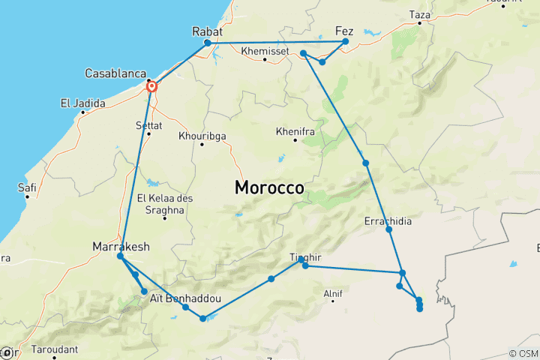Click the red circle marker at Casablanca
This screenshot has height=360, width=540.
[x=152, y=87]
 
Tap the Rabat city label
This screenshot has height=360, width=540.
[x=208, y=31]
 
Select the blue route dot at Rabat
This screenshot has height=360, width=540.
[x=208, y=43]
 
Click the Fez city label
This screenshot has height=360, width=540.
[x=344, y=31]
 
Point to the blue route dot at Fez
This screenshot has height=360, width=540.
[x=346, y=41]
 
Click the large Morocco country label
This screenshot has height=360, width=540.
[x=269, y=187]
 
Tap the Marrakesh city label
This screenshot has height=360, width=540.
[x=121, y=246]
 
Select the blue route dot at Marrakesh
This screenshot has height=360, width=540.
[x=120, y=256]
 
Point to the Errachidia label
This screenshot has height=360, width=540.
[x=388, y=221]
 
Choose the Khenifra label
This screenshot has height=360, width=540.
[x=295, y=130]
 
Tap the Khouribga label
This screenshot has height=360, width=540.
[x=202, y=136]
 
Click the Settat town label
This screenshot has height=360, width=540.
[x=148, y=124]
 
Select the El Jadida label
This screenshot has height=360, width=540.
[x=83, y=103]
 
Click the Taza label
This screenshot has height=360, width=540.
[x=420, y=14]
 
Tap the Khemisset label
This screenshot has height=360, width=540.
[x=265, y=51]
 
